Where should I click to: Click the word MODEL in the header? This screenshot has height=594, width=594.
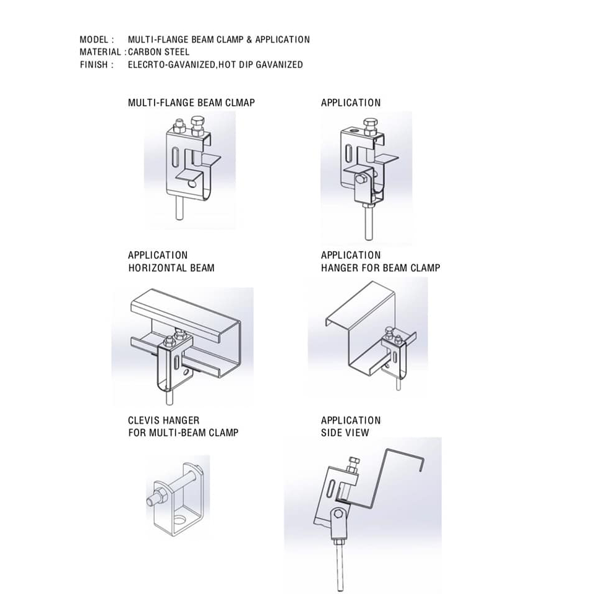click(x=93, y=40)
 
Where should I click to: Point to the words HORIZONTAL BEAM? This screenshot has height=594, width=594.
click(x=171, y=268)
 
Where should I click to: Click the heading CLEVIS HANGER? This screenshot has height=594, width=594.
click(x=163, y=421)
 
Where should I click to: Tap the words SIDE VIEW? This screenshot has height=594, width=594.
click(x=345, y=433)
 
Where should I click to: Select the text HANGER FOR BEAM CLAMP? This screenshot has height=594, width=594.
click(x=381, y=268)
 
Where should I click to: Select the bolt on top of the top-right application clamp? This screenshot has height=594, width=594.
click(x=370, y=130)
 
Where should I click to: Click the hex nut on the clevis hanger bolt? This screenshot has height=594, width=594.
click(x=155, y=497)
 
